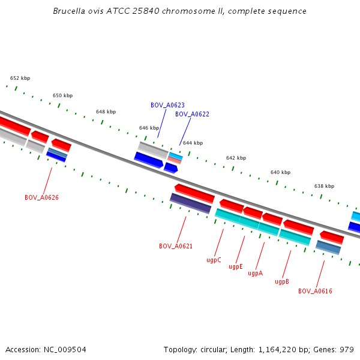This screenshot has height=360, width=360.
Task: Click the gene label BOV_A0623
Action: [167, 105]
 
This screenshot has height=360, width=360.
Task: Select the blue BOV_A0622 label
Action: [192, 114]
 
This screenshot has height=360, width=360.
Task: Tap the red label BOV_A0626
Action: [41, 197]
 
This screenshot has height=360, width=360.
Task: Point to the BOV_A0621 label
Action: [176, 246]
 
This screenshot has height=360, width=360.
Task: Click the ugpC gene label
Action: [214, 260]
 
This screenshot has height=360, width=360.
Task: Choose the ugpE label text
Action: [235, 266]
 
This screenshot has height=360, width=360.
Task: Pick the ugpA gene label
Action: [255, 273]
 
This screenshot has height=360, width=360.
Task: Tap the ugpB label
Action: [282, 281]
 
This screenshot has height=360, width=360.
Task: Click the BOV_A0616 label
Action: [315, 291]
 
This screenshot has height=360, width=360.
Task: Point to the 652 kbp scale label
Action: [20, 78]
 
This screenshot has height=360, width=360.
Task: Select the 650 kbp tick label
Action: [62, 95]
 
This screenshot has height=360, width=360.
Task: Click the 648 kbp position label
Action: [106, 112]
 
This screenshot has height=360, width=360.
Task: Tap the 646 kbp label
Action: [149, 128]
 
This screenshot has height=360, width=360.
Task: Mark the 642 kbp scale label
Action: [236, 158]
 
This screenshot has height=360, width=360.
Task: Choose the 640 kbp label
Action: [280, 172]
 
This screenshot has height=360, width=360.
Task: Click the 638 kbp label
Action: [324, 186]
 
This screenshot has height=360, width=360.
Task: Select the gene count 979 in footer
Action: [347, 349]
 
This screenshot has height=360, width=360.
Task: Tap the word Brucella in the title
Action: [67, 11]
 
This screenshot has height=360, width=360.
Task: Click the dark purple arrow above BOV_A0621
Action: [190, 203]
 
